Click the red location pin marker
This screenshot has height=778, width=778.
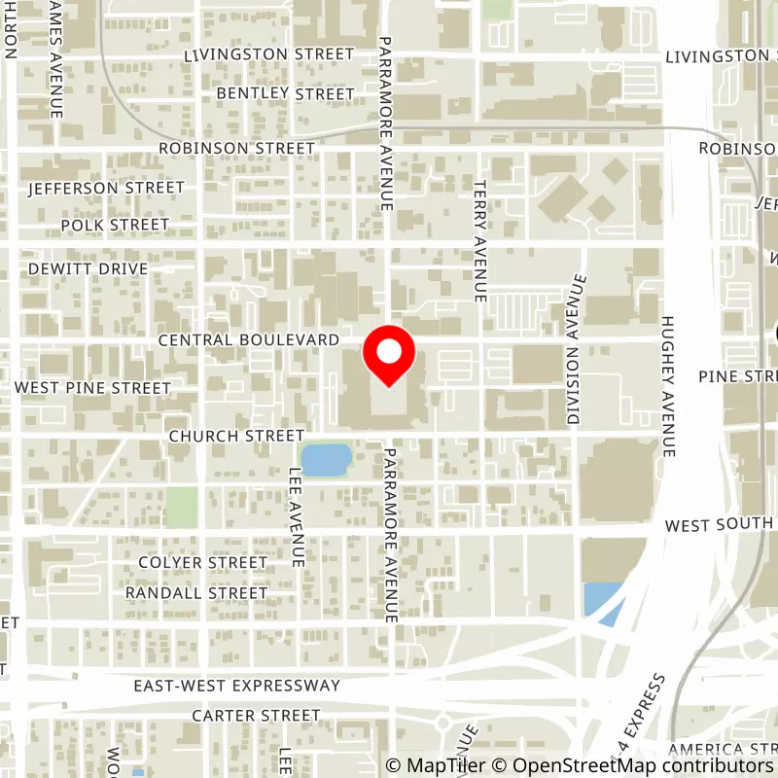(389, 356)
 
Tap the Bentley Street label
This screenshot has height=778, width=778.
(285, 93)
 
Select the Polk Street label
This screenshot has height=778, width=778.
(115, 225)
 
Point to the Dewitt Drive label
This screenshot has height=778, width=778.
(88, 268)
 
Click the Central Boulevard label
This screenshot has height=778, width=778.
(248, 340)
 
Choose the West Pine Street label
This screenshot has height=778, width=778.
(92, 388)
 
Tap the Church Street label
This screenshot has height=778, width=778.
(236, 436)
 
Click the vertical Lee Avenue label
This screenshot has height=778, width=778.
(297, 516)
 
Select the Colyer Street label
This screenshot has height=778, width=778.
(202, 562)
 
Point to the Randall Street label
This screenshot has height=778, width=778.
(195, 592)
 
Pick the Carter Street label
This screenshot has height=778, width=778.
(255, 716)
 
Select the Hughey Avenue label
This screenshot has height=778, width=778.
(667, 386)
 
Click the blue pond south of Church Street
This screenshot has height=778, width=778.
(326, 459)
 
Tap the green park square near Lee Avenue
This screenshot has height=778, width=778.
(181, 506)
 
